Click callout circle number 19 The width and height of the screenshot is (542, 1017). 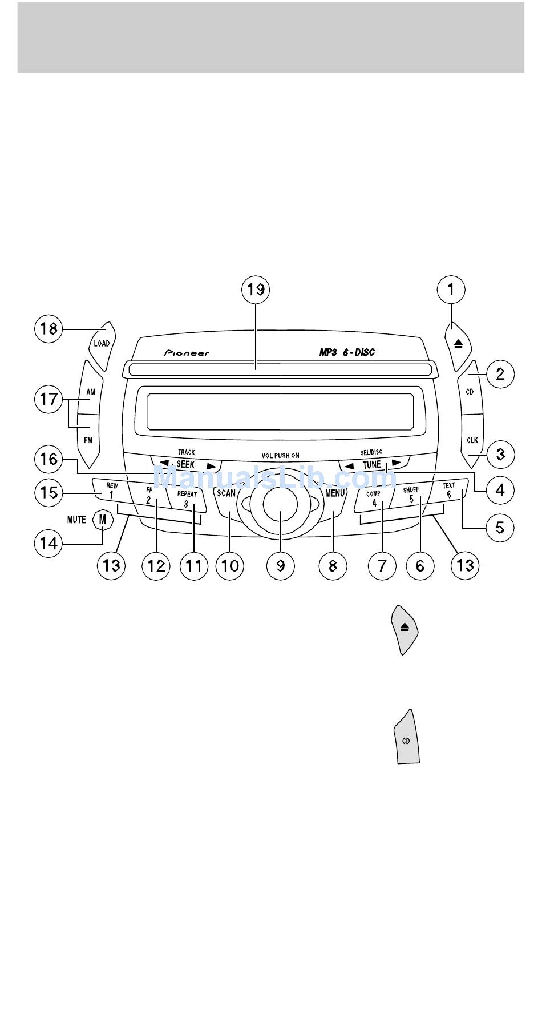click(256, 290)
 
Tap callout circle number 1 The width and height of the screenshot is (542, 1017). click(451, 290)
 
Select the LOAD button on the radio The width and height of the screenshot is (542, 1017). click(102, 344)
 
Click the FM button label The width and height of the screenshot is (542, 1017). click(88, 440)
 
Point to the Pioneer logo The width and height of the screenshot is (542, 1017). click(187, 353)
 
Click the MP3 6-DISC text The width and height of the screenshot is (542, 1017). click(347, 353)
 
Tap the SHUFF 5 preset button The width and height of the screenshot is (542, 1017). click(411, 495)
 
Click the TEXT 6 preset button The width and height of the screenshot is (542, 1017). click(450, 491)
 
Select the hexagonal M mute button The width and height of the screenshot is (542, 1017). click(103, 520)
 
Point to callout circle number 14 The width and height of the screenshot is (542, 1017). click(48, 542)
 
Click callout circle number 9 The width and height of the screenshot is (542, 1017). click(281, 565)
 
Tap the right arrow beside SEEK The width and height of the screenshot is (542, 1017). click(211, 466)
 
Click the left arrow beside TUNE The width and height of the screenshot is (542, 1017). click(349, 466)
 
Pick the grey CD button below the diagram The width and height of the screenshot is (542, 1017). click(407, 738)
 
